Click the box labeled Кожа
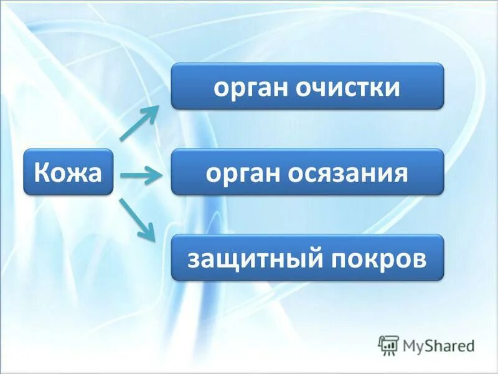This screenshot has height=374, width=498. [68, 171]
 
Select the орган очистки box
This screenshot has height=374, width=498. [307, 86]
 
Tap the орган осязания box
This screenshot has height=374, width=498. [307, 171]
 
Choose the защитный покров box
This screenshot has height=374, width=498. [307, 257]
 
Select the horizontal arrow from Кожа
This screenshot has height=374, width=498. [141, 176]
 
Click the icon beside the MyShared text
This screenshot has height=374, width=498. [388, 345]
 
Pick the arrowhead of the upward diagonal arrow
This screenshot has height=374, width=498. [152, 112]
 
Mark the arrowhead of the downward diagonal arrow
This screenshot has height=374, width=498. [149, 233]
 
